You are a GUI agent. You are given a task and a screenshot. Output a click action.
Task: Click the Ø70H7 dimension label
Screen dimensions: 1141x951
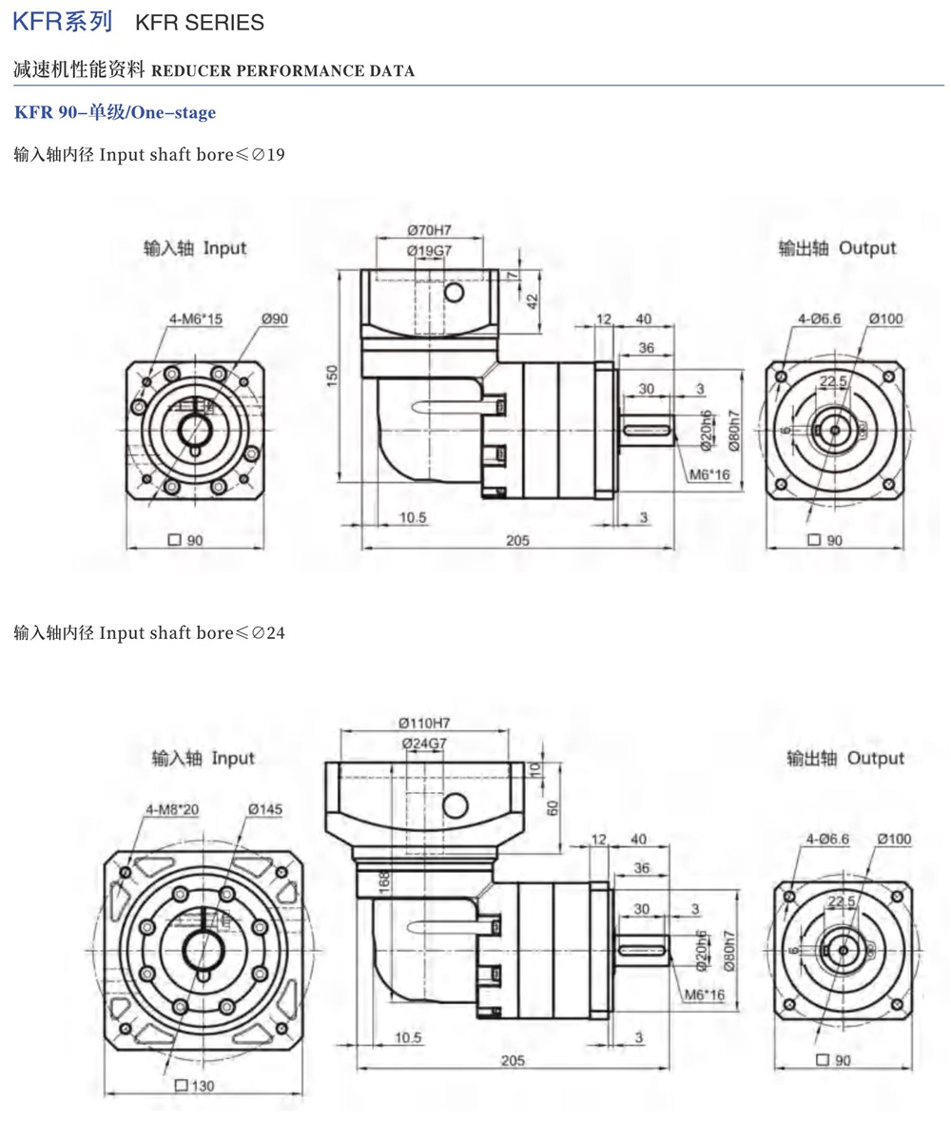[x=429, y=230]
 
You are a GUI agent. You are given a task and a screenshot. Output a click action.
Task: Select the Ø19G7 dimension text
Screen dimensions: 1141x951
[x=429, y=250]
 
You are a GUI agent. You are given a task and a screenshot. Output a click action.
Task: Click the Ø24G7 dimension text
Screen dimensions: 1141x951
[x=424, y=743]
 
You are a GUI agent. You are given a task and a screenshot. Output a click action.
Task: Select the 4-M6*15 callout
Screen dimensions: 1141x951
[x=196, y=319]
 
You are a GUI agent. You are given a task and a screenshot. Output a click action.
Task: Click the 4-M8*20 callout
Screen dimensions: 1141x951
[x=172, y=809]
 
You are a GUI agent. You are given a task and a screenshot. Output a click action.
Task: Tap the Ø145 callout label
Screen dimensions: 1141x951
[x=265, y=809]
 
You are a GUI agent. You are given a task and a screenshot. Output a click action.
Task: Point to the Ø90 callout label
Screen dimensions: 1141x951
[x=274, y=319]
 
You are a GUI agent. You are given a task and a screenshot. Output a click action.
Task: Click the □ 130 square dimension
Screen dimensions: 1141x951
[x=195, y=1086]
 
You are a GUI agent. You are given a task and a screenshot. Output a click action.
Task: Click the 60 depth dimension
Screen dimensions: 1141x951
[x=551, y=807]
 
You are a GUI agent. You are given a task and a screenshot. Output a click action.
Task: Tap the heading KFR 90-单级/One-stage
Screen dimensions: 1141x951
[x=115, y=113]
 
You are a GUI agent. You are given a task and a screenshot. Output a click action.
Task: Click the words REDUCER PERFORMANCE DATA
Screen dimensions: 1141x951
[x=282, y=71]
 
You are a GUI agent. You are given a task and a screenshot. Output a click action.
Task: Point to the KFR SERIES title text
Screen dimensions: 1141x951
[x=200, y=22]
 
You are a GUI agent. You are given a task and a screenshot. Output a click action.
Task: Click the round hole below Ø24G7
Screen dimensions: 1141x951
[x=455, y=806]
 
